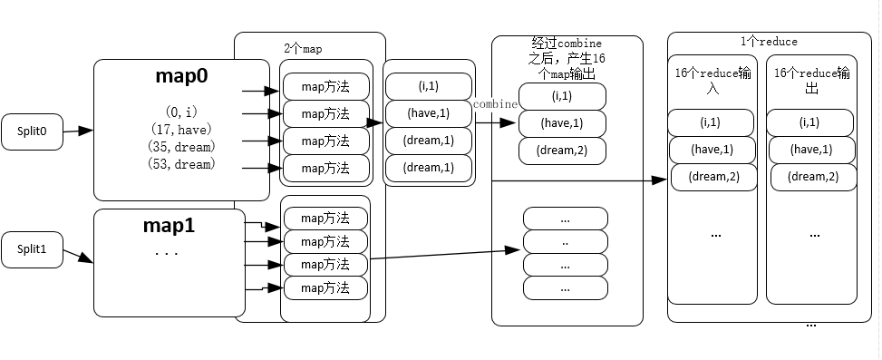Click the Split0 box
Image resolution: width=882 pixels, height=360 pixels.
tap(32, 131)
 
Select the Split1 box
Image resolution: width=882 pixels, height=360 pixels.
tap(32, 248)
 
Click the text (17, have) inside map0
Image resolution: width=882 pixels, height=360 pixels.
tap(181, 129)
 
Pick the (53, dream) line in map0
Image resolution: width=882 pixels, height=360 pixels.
tap(181, 164)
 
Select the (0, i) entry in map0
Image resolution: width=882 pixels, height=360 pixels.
tap(181, 112)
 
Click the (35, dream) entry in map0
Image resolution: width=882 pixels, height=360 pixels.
tap(181, 146)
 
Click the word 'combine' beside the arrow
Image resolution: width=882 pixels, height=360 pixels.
tap(495, 104)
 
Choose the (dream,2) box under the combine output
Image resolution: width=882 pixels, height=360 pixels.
tap(562, 151)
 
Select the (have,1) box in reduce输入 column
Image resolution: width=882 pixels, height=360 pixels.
tap(712, 150)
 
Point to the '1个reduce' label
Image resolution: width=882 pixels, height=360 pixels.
tap(768, 42)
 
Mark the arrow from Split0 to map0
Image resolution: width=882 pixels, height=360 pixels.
tap(78, 131)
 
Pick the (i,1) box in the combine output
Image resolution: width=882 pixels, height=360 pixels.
tap(562, 96)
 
